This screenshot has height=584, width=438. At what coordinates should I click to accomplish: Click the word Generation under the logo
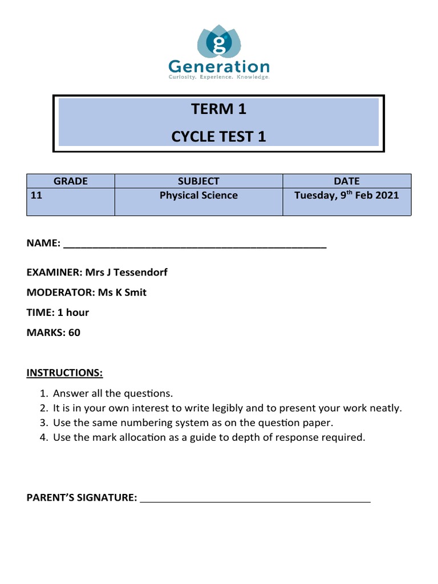click(x=218, y=66)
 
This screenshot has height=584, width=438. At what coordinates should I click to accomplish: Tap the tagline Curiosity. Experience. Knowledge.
click(x=218, y=77)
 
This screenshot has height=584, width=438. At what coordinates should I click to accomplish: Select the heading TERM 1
click(x=218, y=109)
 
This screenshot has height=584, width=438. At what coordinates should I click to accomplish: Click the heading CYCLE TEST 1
click(x=218, y=137)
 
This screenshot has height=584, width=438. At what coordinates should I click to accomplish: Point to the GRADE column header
click(x=71, y=181)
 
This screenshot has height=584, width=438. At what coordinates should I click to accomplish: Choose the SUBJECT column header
click(x=198, y=181)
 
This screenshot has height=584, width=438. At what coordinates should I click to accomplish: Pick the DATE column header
click(x=347, y=181)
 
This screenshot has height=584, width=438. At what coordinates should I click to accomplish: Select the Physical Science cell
click(x=198, y=196)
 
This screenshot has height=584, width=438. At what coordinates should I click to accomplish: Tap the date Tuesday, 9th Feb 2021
click(x=347, y=196)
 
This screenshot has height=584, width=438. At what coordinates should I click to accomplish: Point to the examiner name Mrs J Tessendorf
click(x=126, y=273)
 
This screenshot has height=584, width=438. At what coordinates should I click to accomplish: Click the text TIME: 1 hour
click(x=58, y=313)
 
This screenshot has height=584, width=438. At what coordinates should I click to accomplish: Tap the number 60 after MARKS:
click(x=74, y=332)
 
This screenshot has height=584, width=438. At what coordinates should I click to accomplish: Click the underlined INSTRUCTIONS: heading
click(x=64, y=373)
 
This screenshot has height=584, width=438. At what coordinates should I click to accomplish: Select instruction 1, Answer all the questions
click(x=112, y=394)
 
